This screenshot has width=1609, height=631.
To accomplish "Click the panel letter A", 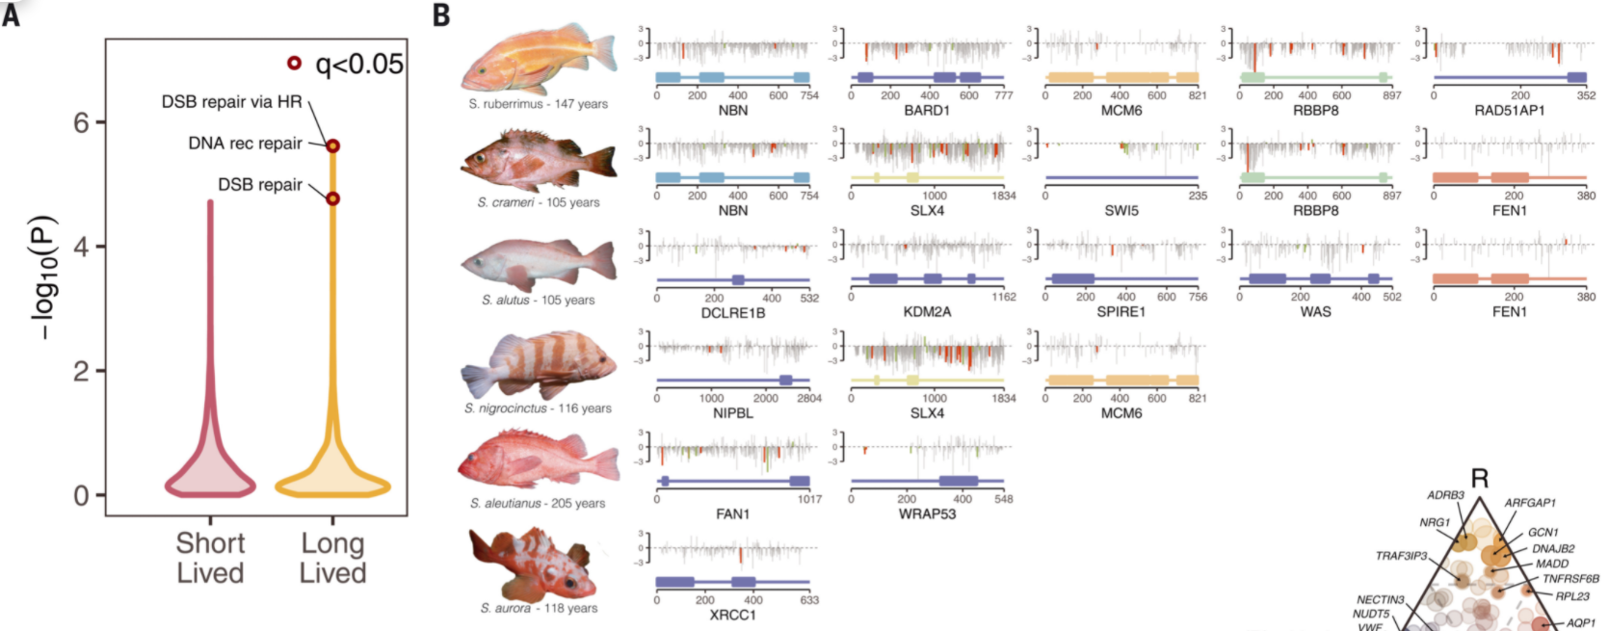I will pyautogui.click(x=11, y=13).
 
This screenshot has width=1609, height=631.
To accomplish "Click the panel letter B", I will pyautogui.click(x=441, y=15).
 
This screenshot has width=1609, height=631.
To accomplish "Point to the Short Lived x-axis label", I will pyautogui.click(x=210, y=558).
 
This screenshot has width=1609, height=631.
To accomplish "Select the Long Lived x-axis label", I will pyautogui.click(x=332, y=558).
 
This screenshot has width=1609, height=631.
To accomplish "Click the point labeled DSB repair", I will pyautogui.click(x=332, y=198).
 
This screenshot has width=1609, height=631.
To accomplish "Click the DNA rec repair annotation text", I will pyautogui.click(x=245, y=144).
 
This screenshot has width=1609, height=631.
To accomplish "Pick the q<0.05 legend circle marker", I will pyautogui.click(x=294, y=64).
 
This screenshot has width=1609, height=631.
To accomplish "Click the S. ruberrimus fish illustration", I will pyautogui.click(x=538, y=60).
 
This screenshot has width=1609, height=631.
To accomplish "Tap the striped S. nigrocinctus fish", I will pyautogui.click(x=540, y=365).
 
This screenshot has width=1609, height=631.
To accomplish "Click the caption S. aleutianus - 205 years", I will pyautogui.click(x=538, y=503).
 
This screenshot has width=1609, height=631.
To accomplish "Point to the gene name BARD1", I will pyautogui.click(x=927, y=111).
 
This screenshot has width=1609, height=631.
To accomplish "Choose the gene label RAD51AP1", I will pyautogui.click(x=1509, y=111).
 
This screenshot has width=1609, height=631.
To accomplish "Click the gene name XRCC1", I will pyautogui.click(x=732, y=615).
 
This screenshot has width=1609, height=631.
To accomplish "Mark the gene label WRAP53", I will pyautogui.click(x=927, y=513).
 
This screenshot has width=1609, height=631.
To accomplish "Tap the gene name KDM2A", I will pyautogui.click(x=927, y=311).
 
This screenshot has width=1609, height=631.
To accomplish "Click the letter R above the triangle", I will pyautogui.click(x=1479, y=479).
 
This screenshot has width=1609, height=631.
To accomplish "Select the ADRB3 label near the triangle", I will pyautogui.click(x=1445, y=495).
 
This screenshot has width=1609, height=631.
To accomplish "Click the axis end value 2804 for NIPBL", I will pyautogui.click(x=809, y=398).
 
